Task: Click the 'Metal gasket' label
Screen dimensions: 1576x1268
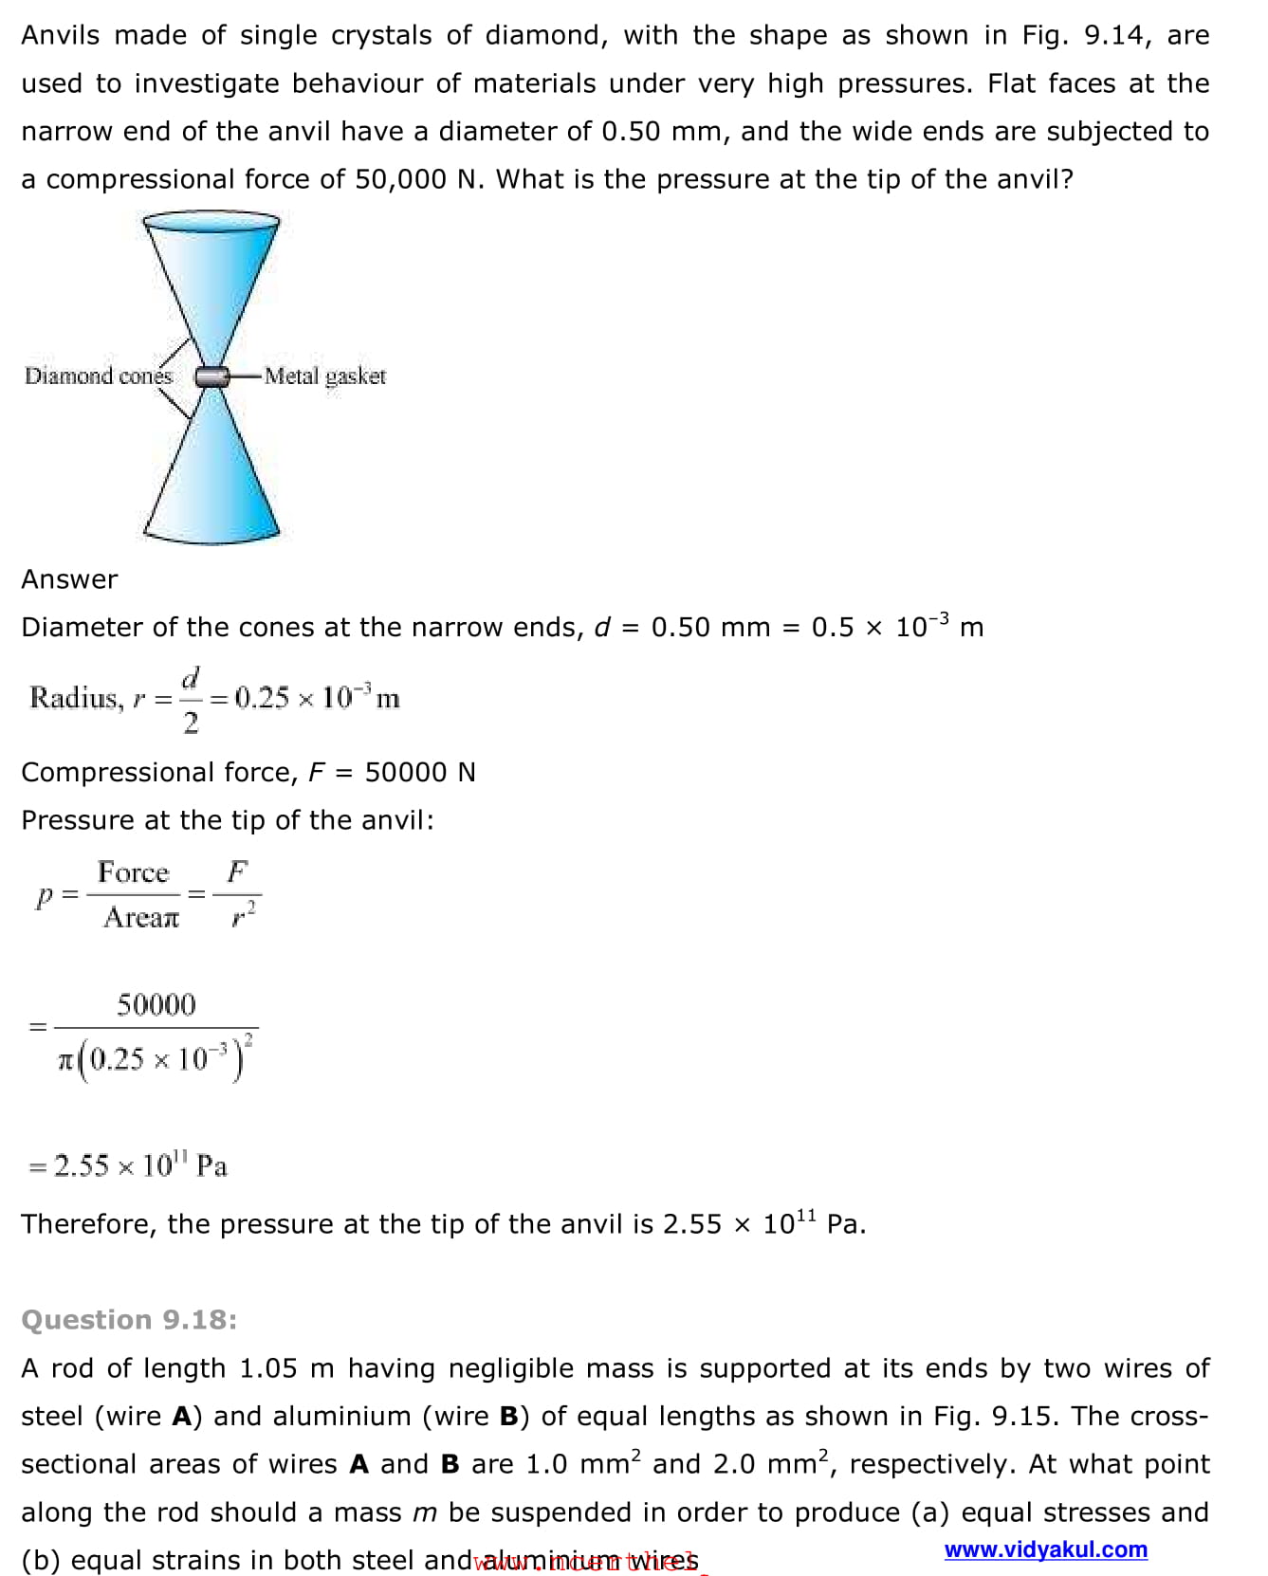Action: [325, 376]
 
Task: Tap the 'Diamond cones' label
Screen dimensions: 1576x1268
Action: [99, 376]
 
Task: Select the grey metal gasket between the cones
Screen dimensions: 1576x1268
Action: [211, 376]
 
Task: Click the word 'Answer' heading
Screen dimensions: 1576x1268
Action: [69, 579]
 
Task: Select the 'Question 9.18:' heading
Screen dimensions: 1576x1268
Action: [129, 1320]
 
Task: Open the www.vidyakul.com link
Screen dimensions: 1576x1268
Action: [1045, 1549]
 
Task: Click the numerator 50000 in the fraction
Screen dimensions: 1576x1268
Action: [156, 1004]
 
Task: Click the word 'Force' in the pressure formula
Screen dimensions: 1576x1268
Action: [133, 872]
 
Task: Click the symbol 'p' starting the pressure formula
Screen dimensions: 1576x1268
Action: [43, 895]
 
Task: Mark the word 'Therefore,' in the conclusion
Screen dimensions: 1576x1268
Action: [88, 1224]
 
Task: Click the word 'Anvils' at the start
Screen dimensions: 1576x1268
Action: [60, 36]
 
